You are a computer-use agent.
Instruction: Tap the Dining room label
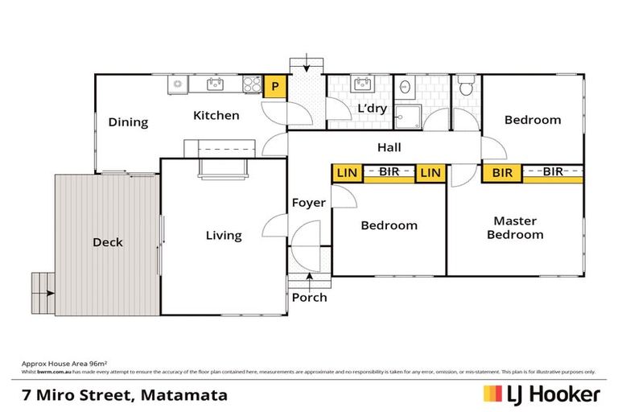pos(129,122)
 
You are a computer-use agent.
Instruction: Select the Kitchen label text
pos(216,115)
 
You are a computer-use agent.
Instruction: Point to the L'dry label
pos(370,108)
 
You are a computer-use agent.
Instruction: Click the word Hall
pos(389,148)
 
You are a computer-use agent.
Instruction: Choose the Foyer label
pos(308,202)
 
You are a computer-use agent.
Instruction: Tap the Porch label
pos(309,297)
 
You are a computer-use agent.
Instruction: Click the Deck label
pos(108,242)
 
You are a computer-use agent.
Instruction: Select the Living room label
pos(224,235)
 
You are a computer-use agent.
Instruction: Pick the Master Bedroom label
pos(518,228)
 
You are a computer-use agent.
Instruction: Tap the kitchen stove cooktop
pos(251,83)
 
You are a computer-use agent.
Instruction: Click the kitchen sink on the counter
pos(214,83)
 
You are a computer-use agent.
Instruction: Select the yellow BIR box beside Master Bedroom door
pos(502,171)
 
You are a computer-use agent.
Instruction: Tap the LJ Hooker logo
pos(541,394)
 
